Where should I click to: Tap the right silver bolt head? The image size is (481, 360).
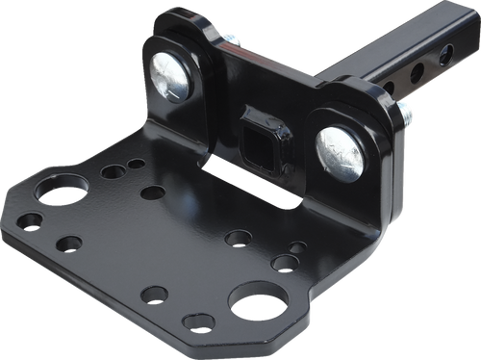340,151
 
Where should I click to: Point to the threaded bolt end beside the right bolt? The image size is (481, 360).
407,115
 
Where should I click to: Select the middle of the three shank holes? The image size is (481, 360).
418,72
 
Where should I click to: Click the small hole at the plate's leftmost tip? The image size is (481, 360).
29,221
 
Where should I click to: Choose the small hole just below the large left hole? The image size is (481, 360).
68,244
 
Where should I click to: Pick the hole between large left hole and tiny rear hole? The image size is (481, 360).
114,172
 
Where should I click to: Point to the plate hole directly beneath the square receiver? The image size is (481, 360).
238,237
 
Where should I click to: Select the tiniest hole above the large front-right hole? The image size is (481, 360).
299,247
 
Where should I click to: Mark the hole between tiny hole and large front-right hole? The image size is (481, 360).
284,262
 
